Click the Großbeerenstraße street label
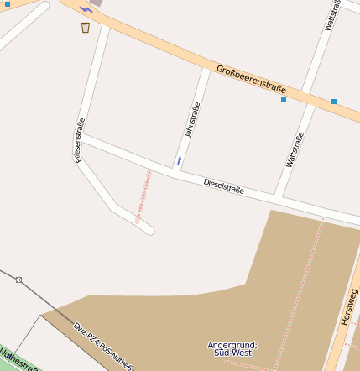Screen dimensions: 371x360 [251, 80]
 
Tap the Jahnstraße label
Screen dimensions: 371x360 [192, 120]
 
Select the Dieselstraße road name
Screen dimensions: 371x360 [224, 185]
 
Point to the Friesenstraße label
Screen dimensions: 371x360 [80, 139]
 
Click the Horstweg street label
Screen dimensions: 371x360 [349, 307]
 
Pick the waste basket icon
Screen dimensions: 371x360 [86, 28]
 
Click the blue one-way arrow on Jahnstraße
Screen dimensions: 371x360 [179, 159]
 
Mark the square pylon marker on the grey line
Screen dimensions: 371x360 [18, 280]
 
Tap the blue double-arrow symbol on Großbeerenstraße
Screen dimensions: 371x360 [86, 9]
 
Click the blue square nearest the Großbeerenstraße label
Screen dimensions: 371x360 [284, 99]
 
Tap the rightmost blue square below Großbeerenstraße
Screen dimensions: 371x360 [334, 102]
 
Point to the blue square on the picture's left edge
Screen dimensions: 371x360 [8, 5]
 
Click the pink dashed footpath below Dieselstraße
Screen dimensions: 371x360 [143, 195]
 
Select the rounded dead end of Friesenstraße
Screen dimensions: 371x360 [149, 228]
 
